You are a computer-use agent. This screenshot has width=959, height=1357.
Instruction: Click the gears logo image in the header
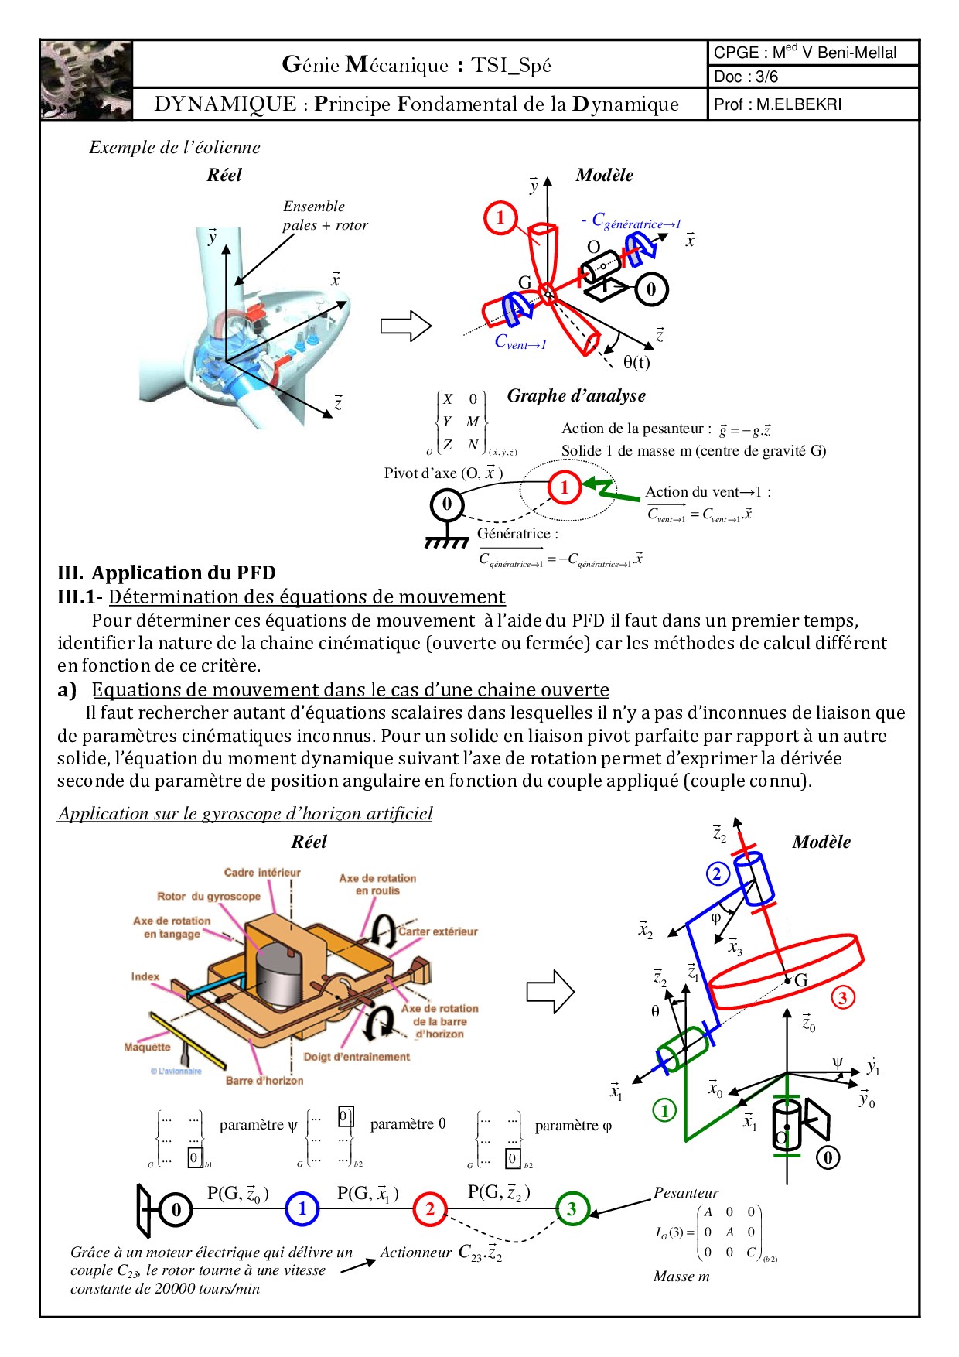click(86, 80)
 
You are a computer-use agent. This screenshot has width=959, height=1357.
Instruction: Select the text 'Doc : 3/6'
click(746, 77)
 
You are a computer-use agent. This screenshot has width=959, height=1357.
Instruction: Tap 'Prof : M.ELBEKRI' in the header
click(777, 104)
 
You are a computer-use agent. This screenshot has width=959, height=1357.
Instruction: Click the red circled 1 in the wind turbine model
click(500, 217)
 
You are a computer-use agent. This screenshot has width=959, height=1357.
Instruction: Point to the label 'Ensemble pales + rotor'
click(325, 216)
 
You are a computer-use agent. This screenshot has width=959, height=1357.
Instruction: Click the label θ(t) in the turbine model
click(636, 362)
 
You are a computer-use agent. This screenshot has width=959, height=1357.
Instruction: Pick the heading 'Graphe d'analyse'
click(576, 395)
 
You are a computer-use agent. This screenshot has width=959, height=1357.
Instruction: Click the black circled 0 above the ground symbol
click(446, 504)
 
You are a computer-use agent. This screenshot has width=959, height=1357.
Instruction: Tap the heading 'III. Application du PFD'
click(166, 573)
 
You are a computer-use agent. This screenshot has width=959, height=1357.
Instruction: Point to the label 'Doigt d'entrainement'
click(357, 1057)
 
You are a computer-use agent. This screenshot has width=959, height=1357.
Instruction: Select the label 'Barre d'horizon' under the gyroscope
click(264, 1081)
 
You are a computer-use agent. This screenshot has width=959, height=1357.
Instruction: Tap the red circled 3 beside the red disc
click(843, 997)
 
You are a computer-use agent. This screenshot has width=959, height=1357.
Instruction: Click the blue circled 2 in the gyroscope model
click(717, 874)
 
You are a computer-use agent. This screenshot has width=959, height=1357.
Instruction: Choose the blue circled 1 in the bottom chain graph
click(302, 1208)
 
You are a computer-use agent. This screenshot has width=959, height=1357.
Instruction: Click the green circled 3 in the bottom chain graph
click(572, 1208)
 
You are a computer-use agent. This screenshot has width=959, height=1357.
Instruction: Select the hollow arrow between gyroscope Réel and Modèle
click(550, 991)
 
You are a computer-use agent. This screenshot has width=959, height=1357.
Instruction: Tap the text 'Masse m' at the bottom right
click(681, 1276)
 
